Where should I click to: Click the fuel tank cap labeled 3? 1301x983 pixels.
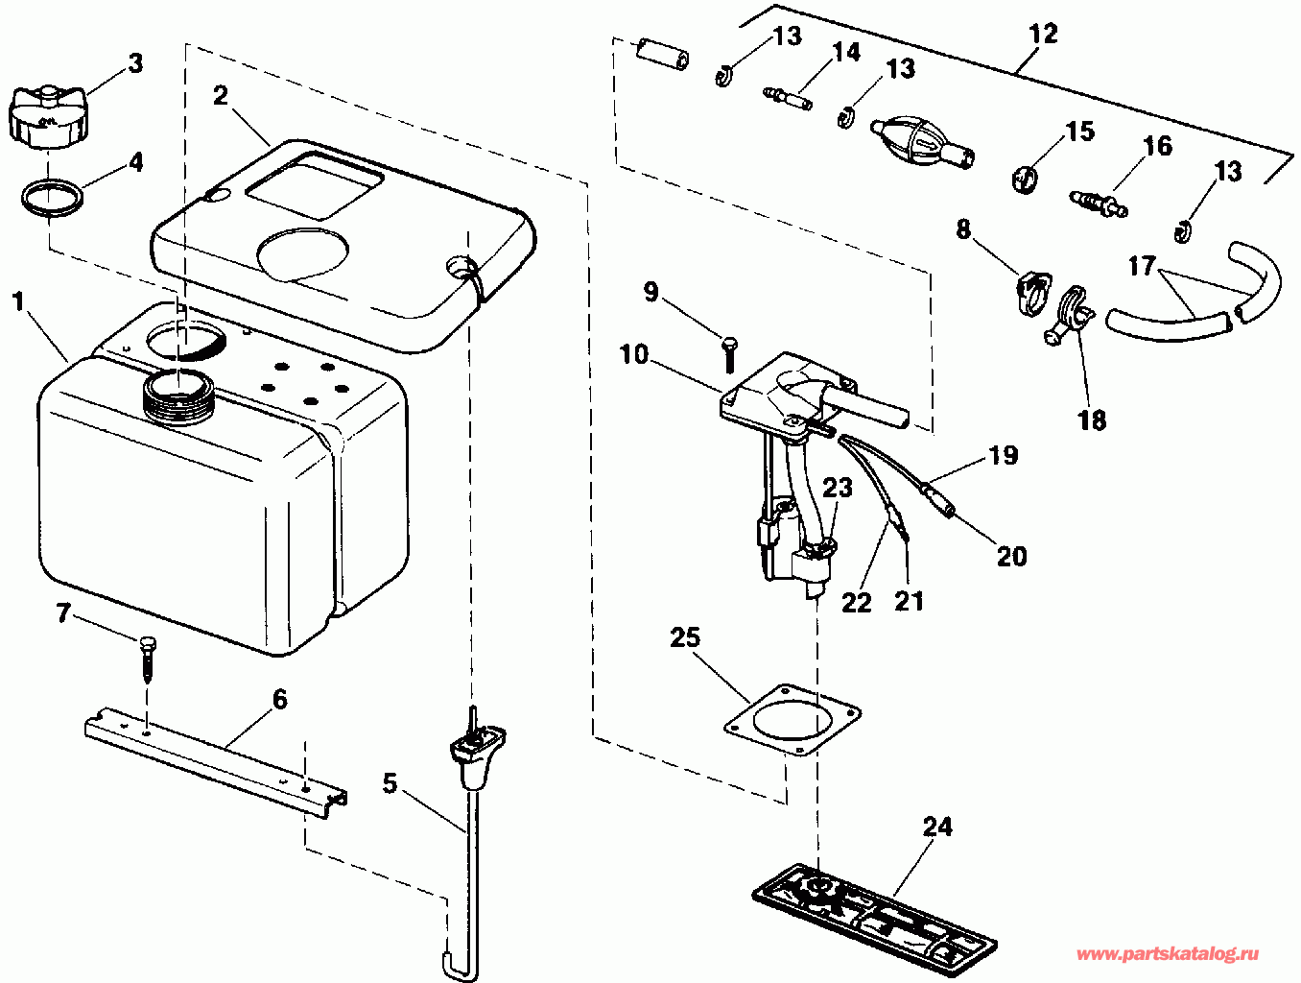click(x=46, y=115)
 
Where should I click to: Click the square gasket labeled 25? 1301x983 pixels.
click(x=792, y=723)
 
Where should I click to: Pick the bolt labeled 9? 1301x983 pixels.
click(x=728, y=354)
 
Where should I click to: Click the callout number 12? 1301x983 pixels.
click(x=1043, y=34)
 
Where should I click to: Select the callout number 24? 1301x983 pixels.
click(x=937, y=827)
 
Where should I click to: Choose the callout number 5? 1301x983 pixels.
click(x=390, y=783)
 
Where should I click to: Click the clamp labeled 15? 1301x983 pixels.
click(x=1027, y=178)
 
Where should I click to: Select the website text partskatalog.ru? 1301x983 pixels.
click(x=1167, y=954)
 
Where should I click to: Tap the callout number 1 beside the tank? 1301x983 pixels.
click(x=18, y=301)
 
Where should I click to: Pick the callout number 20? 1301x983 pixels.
click(x=1011, y=556)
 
